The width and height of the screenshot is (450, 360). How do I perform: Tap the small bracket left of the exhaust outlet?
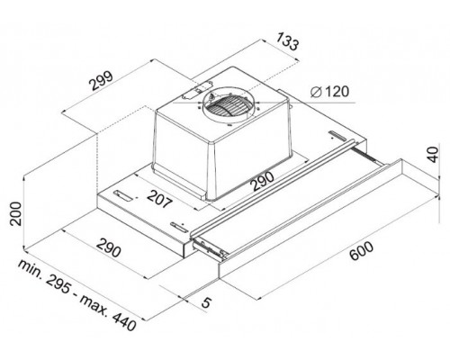coord(191,92)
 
